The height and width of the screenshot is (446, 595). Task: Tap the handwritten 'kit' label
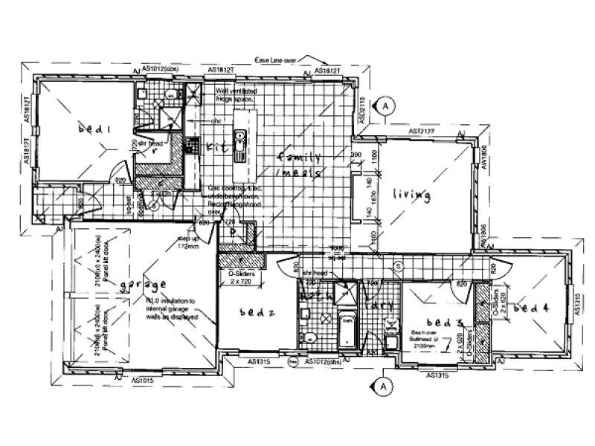click(x=215, y=146)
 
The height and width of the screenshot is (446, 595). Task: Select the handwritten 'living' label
click(x=412, y=195)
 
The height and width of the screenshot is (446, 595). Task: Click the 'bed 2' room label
click(x=260, y=312)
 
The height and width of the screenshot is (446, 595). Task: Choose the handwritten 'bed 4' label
click(x=531, y=308)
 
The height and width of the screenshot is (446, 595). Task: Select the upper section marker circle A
click(x=385, y=106)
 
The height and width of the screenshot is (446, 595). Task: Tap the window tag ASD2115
click(x=362, y=109)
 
